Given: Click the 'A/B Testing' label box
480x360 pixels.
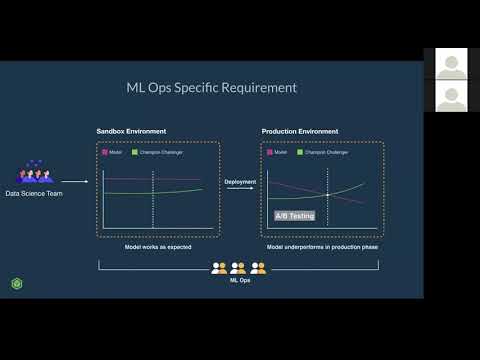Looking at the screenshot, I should click(x=295, y=216).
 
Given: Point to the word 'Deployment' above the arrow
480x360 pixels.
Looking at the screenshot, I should click(x=240, y=183).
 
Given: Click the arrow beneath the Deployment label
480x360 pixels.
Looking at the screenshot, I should click(x=240, y=191).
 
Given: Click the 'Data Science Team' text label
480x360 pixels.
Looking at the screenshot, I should click(x=34, y=193).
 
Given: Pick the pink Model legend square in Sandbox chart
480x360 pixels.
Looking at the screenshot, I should click(x=104, y=152).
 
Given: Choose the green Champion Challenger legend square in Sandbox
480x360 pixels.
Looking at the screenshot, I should click(x=134, y=152).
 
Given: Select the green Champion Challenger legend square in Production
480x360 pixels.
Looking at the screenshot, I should click(x=299, y=152).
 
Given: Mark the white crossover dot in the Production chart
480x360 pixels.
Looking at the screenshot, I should click(x=328, y=194).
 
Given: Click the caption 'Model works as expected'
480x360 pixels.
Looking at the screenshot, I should click(x=158, y=246).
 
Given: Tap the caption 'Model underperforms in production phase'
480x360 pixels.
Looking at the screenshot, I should click(x=322, y=246).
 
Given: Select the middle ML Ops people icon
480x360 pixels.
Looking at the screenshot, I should click(x=238, y=268).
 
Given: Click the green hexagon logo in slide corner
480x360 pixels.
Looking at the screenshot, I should click(x=17, y=284).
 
